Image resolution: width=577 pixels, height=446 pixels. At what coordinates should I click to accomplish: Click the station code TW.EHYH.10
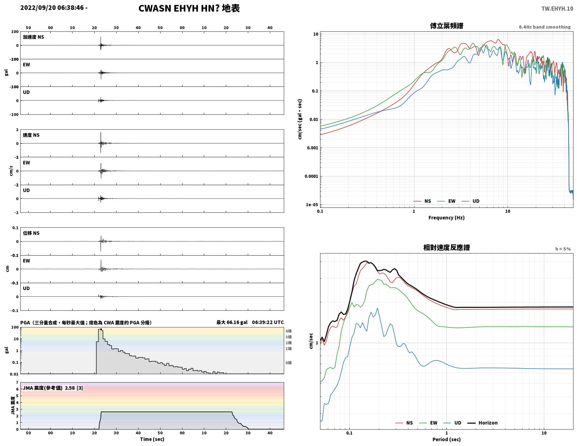point(557,8)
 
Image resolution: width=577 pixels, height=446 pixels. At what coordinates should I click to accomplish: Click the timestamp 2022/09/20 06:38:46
point(52,8)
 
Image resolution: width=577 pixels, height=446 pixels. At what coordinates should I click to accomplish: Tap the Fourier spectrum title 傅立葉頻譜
point(446,26)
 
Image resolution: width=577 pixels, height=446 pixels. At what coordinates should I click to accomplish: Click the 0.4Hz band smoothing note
point(545,27)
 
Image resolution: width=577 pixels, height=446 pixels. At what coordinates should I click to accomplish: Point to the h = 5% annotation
point(563,249)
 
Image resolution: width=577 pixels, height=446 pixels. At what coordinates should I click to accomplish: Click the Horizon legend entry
point(482,423)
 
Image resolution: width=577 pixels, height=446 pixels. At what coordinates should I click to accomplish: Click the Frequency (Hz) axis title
point(446,218)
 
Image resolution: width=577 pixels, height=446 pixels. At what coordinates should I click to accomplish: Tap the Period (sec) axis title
point(446,439)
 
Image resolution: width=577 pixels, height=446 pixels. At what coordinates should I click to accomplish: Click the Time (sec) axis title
point(152,439)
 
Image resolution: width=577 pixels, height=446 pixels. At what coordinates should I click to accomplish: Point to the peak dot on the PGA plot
point(101,329)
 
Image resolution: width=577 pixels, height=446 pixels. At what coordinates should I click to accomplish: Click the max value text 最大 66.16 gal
point(232,322)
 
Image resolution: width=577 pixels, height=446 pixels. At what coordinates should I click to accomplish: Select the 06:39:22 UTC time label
point(268,322)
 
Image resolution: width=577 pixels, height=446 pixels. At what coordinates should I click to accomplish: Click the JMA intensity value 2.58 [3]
point(74,388)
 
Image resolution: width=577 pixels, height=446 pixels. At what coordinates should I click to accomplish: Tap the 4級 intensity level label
point(288,331)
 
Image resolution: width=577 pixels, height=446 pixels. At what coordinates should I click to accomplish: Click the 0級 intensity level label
point(288,362)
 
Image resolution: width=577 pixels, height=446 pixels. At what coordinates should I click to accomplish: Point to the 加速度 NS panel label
point(34,37)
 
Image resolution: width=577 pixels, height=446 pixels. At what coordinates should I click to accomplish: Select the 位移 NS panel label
point(31,233)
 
